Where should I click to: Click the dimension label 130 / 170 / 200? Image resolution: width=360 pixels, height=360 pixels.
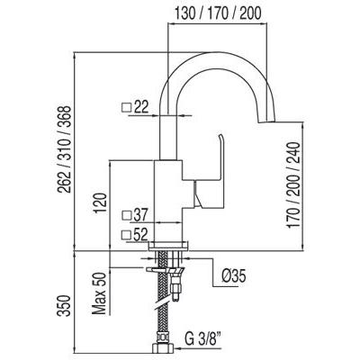(218, 13)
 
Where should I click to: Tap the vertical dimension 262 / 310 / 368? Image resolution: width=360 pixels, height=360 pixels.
(65, 149)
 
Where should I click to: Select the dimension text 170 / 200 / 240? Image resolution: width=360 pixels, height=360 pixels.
(293, 185)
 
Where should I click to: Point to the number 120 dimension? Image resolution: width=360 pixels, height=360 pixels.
(101, 203)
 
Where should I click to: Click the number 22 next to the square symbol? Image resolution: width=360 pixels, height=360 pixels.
(141, 107)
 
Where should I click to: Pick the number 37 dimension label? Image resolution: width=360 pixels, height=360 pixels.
(139, 215)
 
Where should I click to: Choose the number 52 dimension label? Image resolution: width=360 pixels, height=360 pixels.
(140, 235)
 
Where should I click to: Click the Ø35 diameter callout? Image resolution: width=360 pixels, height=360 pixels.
(234, 275)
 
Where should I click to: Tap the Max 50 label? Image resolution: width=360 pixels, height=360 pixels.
(100, 293)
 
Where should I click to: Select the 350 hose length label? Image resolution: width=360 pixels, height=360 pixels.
(65, 305)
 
